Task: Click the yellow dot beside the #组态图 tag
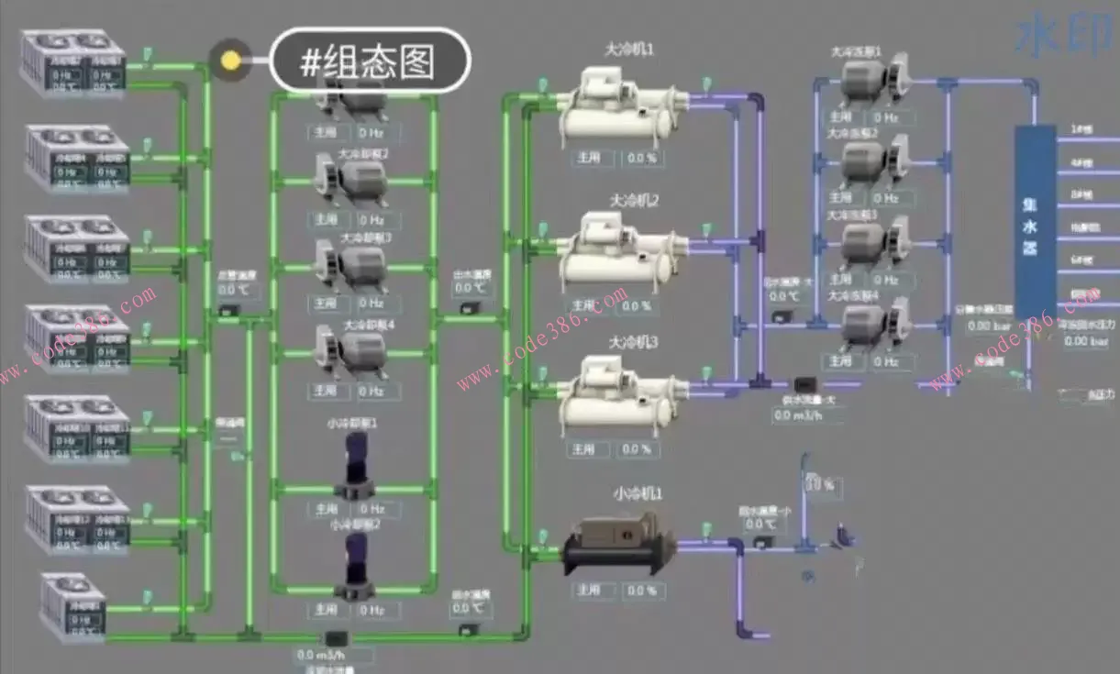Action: click(x=229, y=61)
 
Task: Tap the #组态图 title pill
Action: click(x=371, y=61)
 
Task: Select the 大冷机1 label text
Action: click(x=629, y=49)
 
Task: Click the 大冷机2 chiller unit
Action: click(x=624, y=252)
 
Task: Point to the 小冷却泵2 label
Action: click(x=355, y=525)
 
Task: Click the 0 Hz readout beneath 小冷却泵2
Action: click(x=371, y=609)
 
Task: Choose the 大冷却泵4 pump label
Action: click(x=368, y=324)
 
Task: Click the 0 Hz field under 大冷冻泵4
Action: click(x=885, y=361)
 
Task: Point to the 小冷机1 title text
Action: click(x=638, y=494)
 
